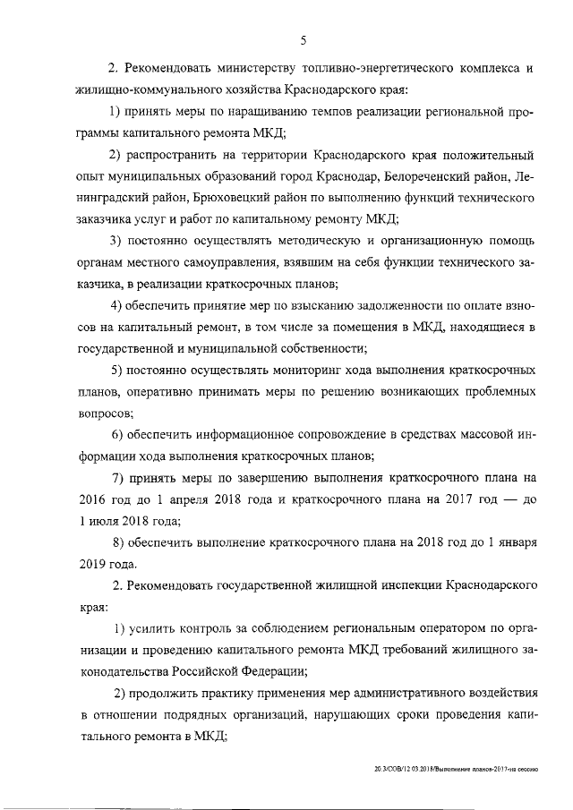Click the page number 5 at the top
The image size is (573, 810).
click(x=304, y=39)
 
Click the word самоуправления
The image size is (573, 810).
click(x=215, y=263)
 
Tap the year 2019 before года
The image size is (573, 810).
click(x=92, y=564)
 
